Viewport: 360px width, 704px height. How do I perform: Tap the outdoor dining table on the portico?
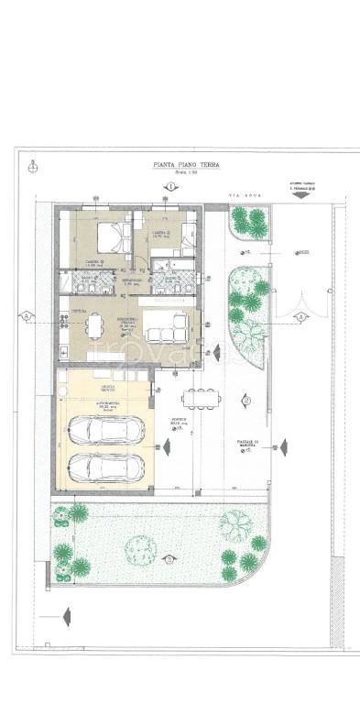tap(200, 396)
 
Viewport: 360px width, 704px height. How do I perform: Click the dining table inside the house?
tap(95, 326)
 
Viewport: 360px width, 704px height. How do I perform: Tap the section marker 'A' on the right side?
tap(300, 316)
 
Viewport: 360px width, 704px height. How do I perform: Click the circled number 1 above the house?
tap(170, 187)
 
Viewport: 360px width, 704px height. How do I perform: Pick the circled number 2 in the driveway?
tap(245, 401)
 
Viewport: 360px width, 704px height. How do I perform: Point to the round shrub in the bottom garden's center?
tap(140, 549)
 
